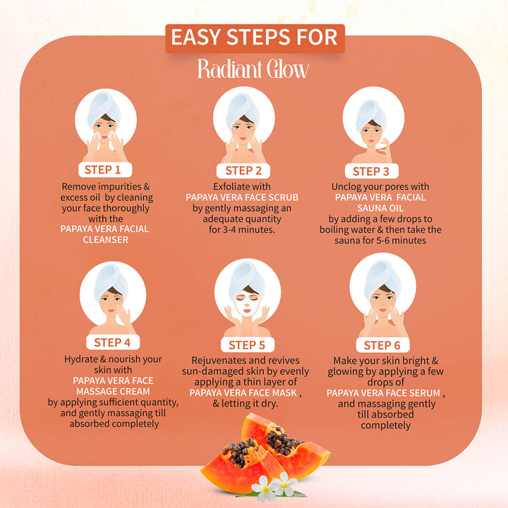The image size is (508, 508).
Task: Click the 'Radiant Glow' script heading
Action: point(253,70)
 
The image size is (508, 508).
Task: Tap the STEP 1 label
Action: point(107,169)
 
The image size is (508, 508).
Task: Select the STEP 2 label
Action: point(243,170)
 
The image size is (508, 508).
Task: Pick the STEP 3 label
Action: point(370,171)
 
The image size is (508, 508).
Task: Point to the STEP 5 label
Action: point(247,345)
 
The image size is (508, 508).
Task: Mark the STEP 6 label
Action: point(382,345)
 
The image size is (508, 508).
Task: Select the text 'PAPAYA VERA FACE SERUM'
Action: point(385,393)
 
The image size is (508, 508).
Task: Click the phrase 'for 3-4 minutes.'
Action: point(243,229)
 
